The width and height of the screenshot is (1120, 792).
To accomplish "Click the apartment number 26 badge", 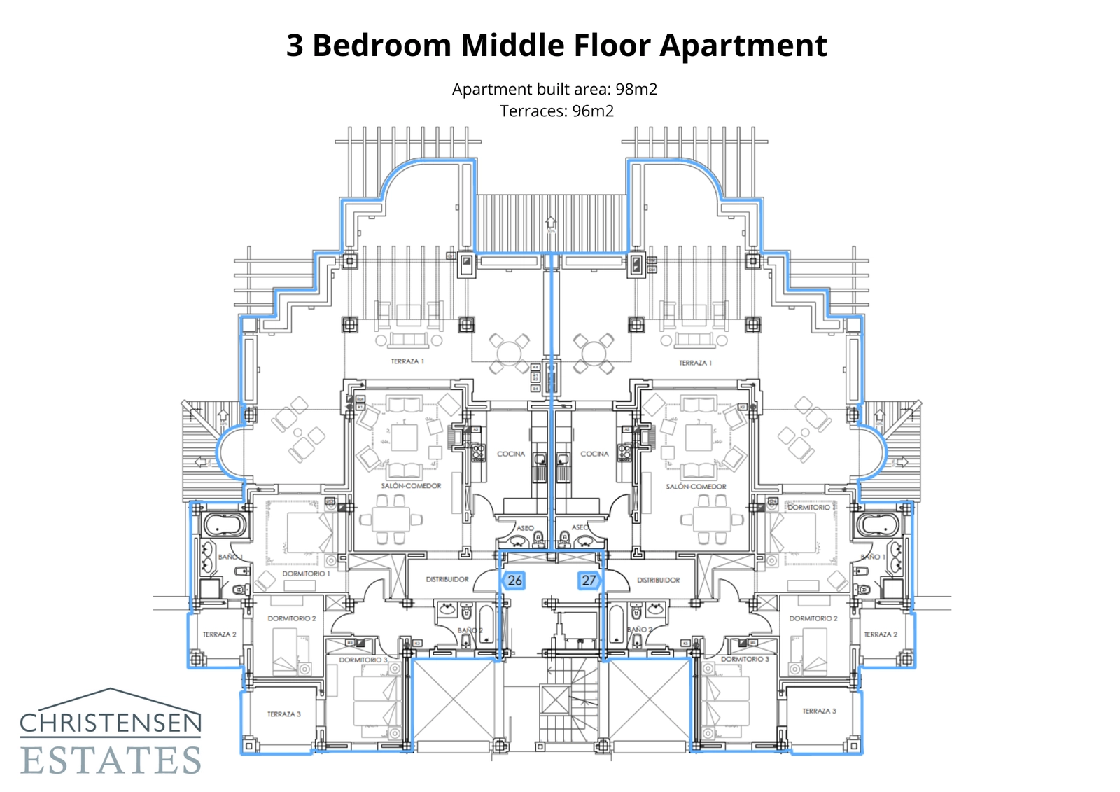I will click(514, 581).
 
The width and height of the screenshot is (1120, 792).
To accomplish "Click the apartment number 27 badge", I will click(589, 581).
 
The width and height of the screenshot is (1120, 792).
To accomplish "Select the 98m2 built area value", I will click(636, 89).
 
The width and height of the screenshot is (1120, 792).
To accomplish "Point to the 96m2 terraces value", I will click(593, 111).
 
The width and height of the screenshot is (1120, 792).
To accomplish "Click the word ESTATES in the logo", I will click(111, 760).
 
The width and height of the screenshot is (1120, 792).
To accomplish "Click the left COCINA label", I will click(510, 454).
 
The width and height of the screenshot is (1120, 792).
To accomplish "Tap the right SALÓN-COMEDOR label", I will click(696, 486).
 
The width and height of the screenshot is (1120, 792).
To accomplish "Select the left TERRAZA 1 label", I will click(407, 361).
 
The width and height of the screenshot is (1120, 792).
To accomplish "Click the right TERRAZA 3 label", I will click(819, 711).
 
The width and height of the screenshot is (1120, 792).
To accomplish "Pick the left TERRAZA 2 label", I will click(219, 634).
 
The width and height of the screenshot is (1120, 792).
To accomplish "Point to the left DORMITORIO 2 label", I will click(291, 618).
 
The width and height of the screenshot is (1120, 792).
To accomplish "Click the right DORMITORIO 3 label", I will click(745, 659).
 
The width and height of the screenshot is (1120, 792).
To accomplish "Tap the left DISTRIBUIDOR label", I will click(447, 579).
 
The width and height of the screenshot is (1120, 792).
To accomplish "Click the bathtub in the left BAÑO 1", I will click(224, 524).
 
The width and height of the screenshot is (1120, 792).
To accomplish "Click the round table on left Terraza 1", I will click(509, 352).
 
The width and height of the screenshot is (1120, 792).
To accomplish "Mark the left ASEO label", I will click(525, 528).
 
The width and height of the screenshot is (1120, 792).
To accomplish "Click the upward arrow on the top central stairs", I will click(551, 223).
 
